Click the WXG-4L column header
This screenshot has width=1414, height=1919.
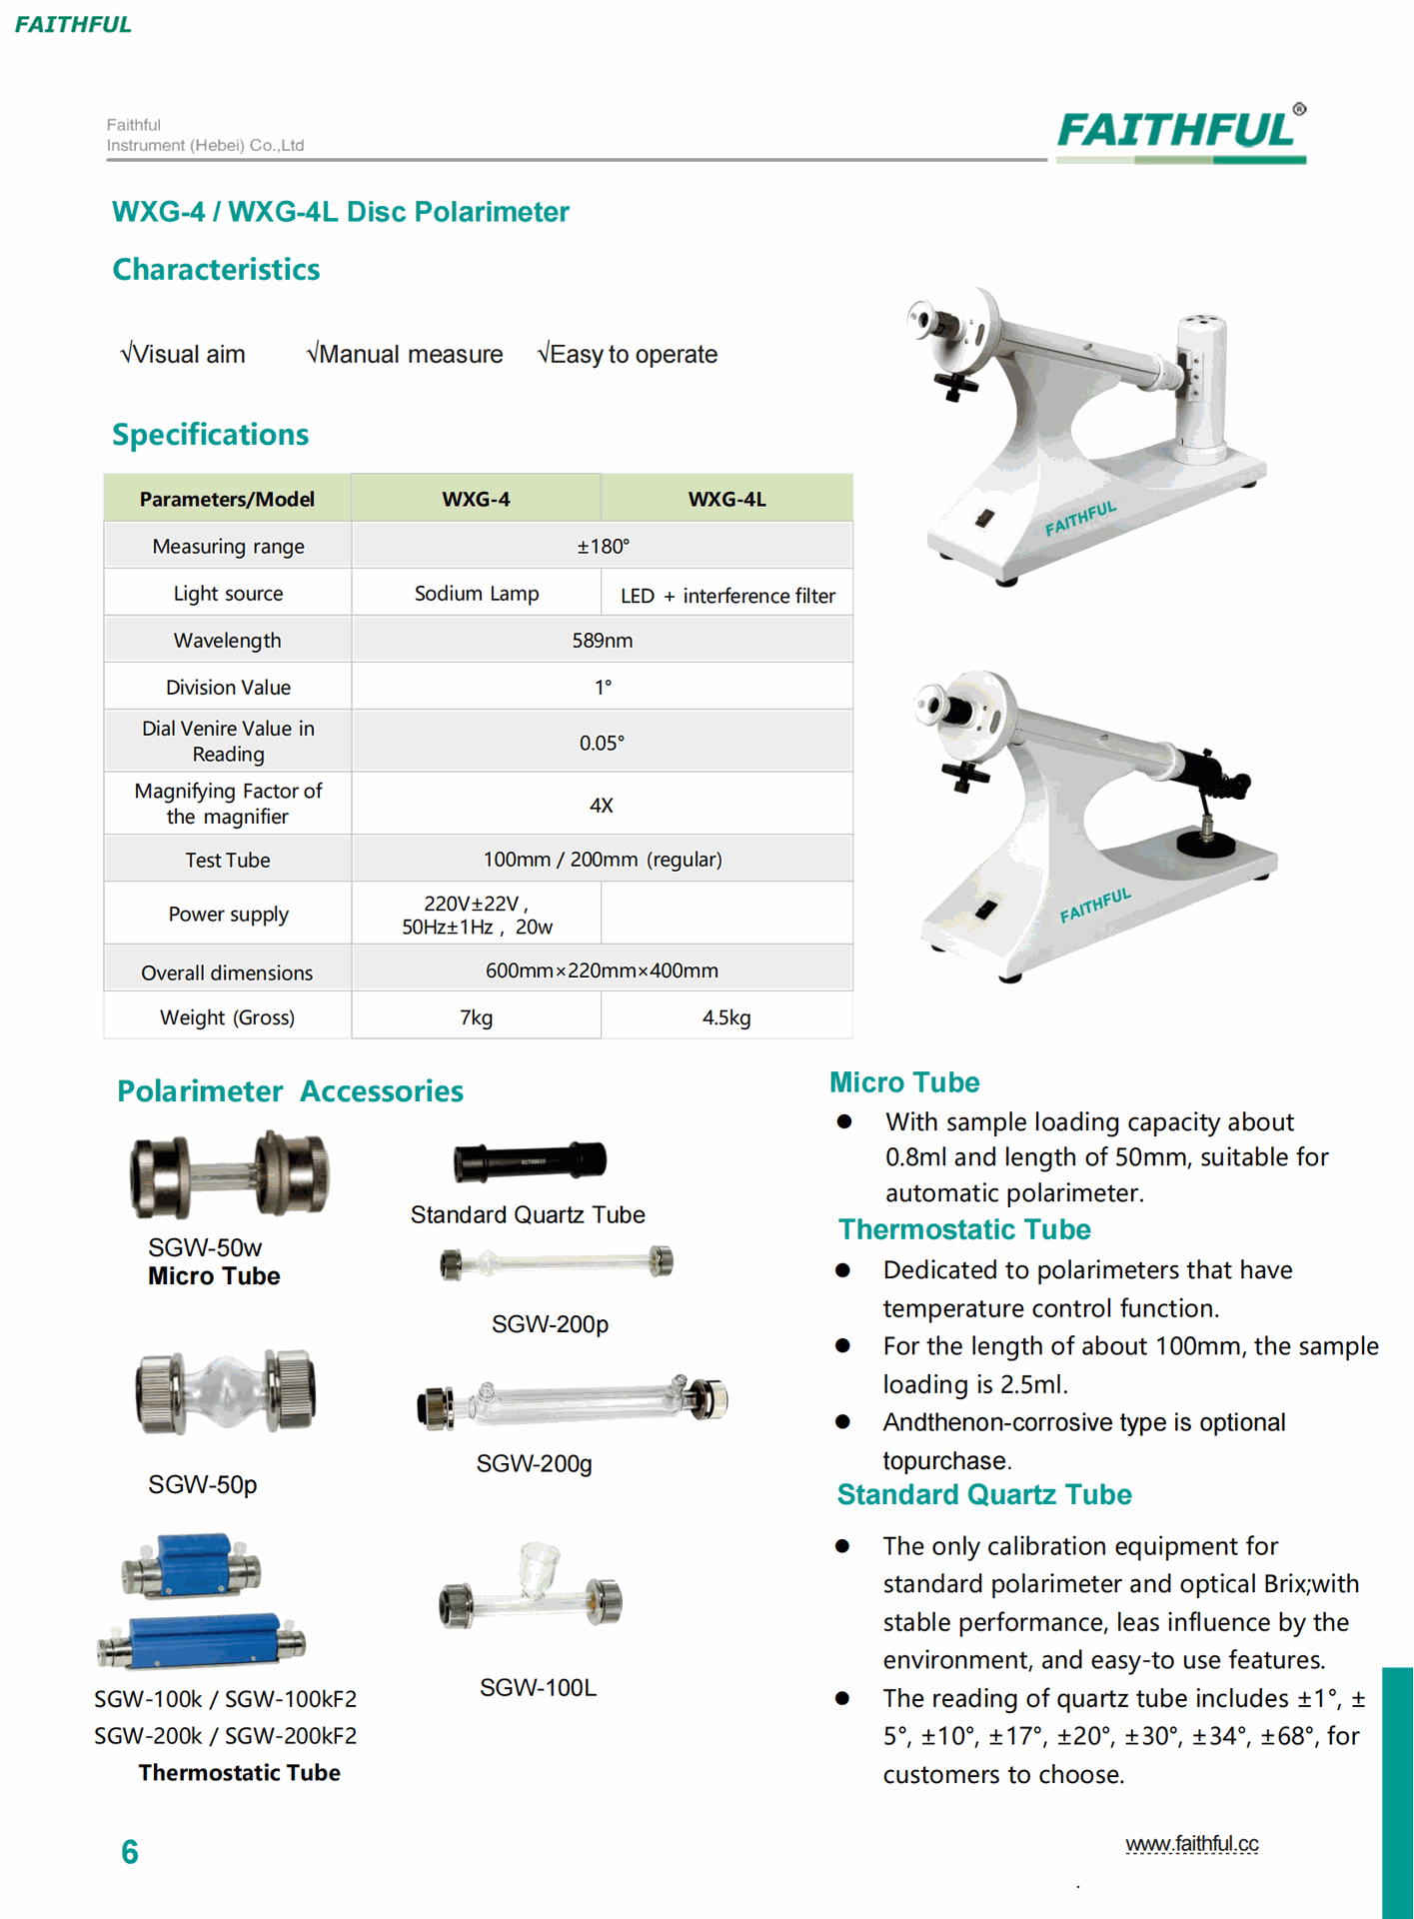pyautogui.click(x=726, y=499)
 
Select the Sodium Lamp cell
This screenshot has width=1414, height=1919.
pyautogui.click(x=476, y=594)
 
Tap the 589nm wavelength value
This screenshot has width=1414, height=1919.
pyautogui.click(x=602, y=641)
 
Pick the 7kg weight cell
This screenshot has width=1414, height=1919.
pyautogui.click(x=476, y=1017)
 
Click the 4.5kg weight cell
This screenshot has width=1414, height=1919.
pyautogui.click(x=726, y=1017)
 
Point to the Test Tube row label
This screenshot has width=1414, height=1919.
pyautogui.click(x=227, y=861)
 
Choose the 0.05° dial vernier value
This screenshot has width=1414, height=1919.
pyautogui.click(x=602, y=743)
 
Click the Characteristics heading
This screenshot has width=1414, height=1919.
pyautogui.click(x=216, y=270)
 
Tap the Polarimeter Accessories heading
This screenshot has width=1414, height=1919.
pyautogui.click(x=290, y=1091)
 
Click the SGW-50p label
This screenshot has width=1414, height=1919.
pyautogui.click(x=203, y=1485)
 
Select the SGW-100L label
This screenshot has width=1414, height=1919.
pyautogui.click(x=538, y=1688)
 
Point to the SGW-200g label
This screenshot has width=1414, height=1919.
pyautogui.click(x=534, y=1464)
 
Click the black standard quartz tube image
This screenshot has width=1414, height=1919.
pyautogui.click(x=530, y=1161)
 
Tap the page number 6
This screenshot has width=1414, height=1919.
pyautogui.click(x=130, y=1852)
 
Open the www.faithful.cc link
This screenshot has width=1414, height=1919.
pyautogui.click(x=1191, y=1844)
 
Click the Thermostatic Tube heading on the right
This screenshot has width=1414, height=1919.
pyautogui.click(x=964, y=1230)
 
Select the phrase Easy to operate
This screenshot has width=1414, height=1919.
pyautogui.click(x=633, y=355)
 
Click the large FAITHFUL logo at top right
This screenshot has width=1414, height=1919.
pyautogui.click(x=1180, y=132)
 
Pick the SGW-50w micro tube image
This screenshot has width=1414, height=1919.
pyautogui.click(x=229, y=1175)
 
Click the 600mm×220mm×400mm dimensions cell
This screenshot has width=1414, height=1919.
pyautogui.click(x=602, y=970)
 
